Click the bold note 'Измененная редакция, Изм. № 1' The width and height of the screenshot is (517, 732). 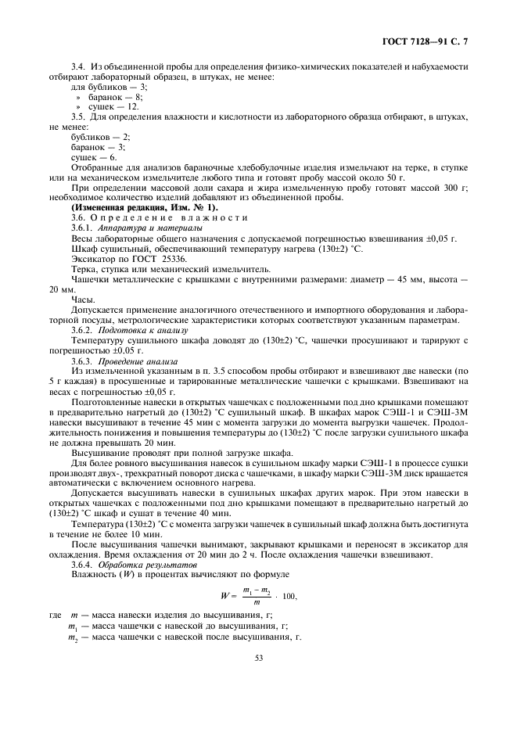(x=135, y=207)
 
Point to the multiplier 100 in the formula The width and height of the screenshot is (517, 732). (x=288, y=597)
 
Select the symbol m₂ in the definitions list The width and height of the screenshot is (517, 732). (x=73, y=638)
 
